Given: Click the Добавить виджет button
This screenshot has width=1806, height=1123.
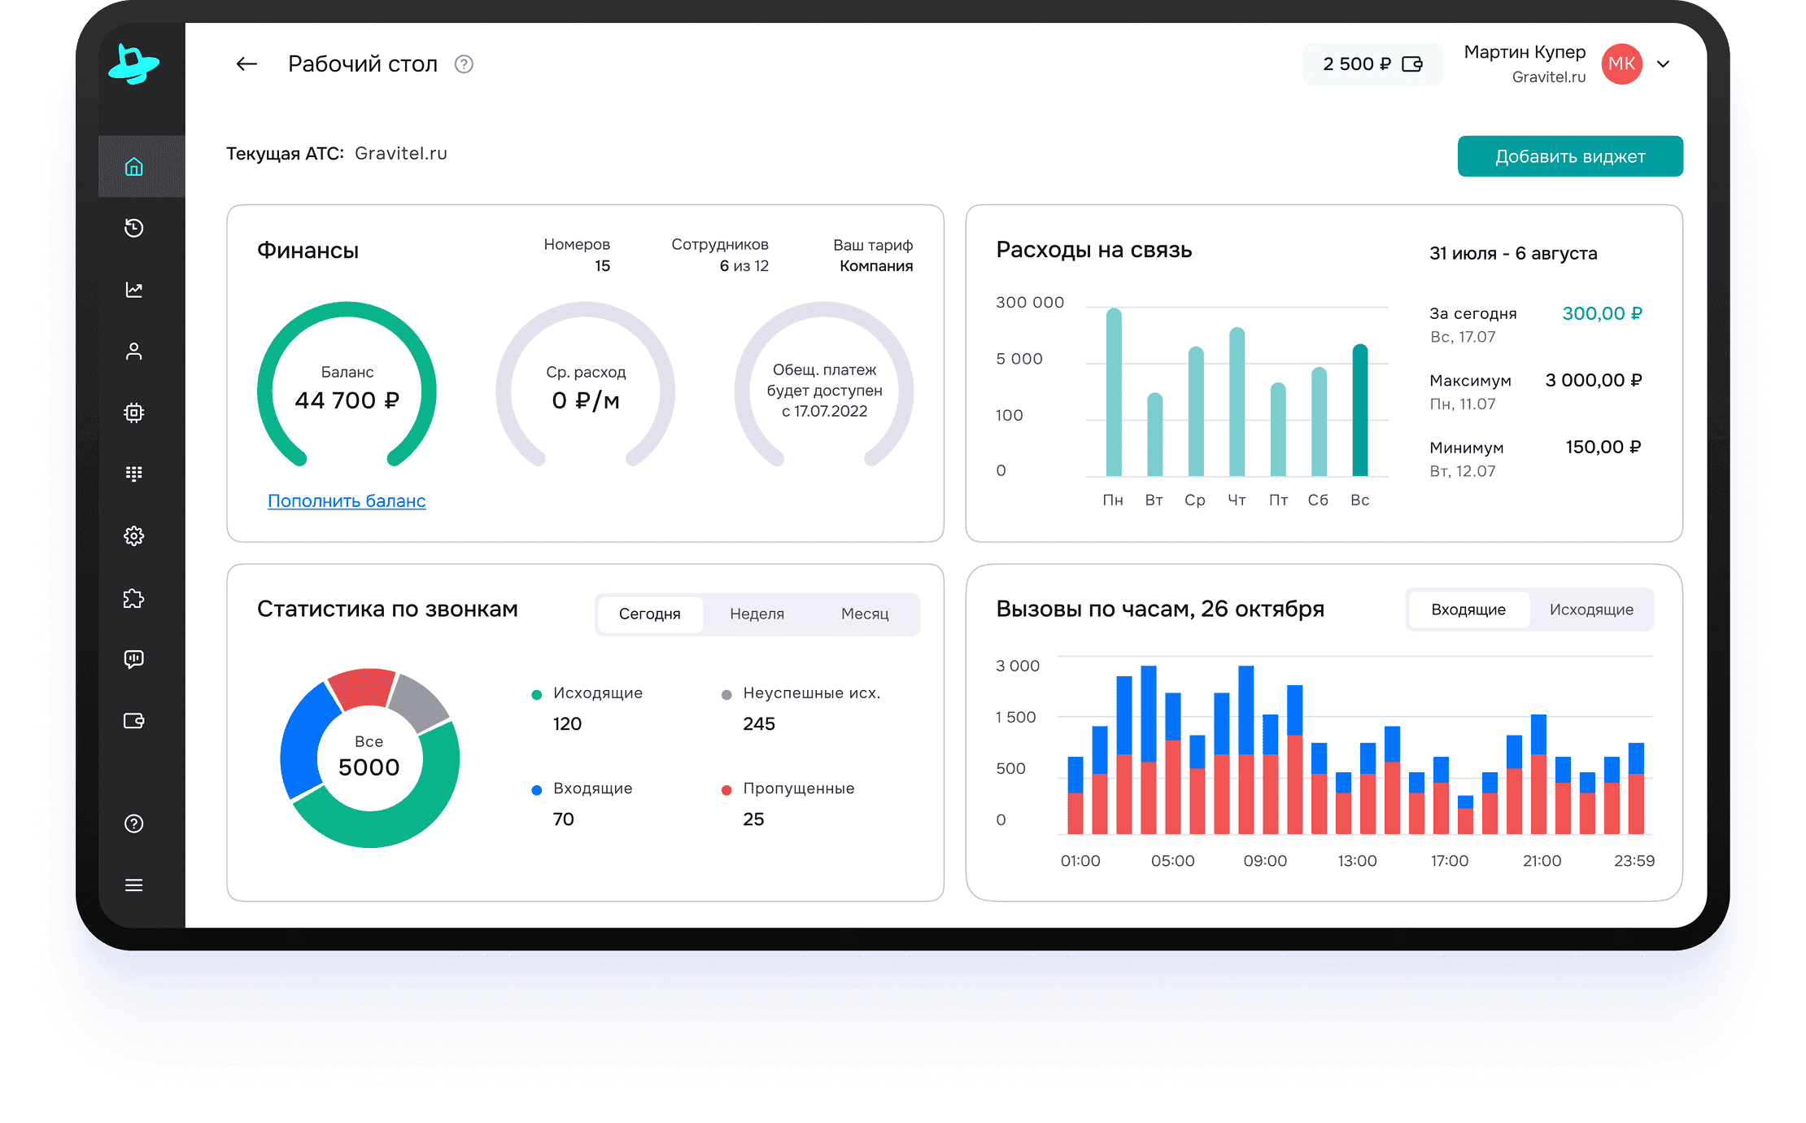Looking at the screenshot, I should click(1569, 156).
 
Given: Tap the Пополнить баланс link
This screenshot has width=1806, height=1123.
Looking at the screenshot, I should click(347, 501).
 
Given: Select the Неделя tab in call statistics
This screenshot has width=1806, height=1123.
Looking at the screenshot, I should click(757, 614).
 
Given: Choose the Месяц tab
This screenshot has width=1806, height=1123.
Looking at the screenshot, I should click(864, 614).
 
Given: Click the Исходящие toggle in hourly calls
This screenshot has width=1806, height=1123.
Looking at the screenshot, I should click(1590, 610).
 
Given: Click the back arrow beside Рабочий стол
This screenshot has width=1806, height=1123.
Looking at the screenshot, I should click(246, 64).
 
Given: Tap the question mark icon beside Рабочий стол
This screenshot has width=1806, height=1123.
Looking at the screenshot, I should click(464, 64).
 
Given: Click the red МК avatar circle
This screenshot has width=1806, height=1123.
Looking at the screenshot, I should click(1621, 64).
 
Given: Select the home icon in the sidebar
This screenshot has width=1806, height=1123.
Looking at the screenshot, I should click(134, 167).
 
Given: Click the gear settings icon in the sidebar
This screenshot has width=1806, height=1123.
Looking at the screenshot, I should click(134, 535).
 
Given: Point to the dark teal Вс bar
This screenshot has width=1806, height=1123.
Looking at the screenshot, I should click(1359, 411).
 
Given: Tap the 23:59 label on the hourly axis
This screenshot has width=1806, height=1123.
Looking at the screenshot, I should click(1634, 861).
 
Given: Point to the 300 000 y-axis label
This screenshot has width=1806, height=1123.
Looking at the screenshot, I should click(1029, 303).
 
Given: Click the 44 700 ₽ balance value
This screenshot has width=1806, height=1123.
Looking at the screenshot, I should click(347, 400).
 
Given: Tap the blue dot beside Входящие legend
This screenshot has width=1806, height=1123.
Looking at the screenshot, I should click(537, 789).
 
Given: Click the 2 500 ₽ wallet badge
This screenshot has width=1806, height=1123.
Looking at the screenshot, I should click(1372, 64).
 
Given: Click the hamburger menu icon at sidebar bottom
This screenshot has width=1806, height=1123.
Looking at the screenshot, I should click(134, 885).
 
